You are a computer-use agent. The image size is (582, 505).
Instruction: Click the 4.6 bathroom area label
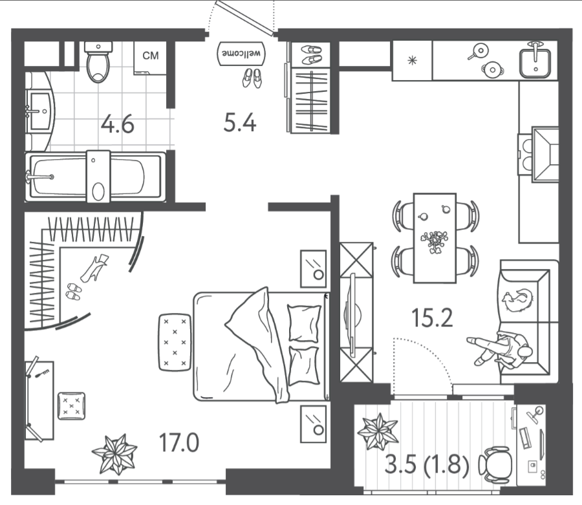pyautogui.click(x=117, y=125)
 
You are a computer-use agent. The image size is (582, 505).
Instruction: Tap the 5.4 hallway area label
pyautogui.click(x=240, y=122)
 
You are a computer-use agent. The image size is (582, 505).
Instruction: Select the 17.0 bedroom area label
pyautogui.click(x=179, y=443)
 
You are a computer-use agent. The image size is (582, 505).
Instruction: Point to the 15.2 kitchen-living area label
pyautogui.click(x=432, y=318)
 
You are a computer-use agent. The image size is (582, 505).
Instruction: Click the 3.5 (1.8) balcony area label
pyautogui.click(x=427, y=464)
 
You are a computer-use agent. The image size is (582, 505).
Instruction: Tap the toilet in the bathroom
pyautogui.click(x=98, y=61)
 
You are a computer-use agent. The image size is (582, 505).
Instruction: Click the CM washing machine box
pyautogui.click(x=150, y=58)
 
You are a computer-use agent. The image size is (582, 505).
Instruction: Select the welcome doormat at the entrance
pyautogui.click(x=241, y=54)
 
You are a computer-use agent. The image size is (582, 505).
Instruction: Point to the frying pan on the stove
pyautogui.click(x=479, y=52)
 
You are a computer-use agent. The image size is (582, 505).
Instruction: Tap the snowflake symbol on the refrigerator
pyautogui.click(x=412, y=61)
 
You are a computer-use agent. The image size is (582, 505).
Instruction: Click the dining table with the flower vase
pyautogui.click(x=435, y=238)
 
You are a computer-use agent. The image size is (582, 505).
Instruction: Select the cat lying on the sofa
pyautogui.click(x=517, y=299)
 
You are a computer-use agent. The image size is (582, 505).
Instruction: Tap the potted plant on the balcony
pyautogui.click(x=378, y=431)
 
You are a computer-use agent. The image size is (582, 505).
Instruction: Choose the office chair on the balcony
pyautogui.click(x=496, y=464)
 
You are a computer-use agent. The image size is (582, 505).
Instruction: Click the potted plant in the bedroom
pyautogui.click(x=114, y=454)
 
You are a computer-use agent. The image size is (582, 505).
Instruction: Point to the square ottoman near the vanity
pyautogui.click(x=71, y=406)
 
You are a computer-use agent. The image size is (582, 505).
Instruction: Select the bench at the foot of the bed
pyautogui.click(x=175, y=342)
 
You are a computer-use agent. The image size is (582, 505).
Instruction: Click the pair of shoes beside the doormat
pyautogui.click(x=252, y=78)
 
